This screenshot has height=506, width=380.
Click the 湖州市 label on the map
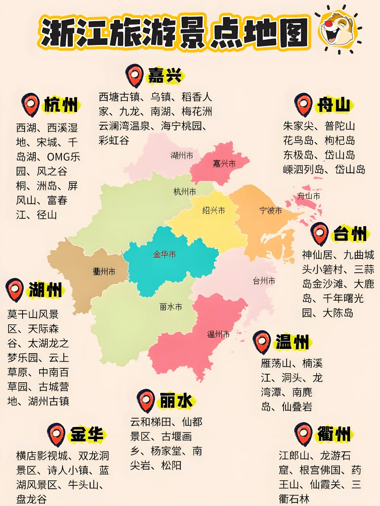(x=182, y=155)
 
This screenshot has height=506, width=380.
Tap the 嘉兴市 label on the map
(x=224, y=163)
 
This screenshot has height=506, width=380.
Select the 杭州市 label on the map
(x=185, y=192)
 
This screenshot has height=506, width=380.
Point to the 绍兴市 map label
(x=214, y=210)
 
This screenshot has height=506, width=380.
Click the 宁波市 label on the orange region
(x=271, y=210)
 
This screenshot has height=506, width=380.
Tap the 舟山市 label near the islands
(x=309, y=196)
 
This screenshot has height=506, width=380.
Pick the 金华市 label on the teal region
(x=164, y=254)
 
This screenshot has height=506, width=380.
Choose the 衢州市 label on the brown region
(x=104, y=271)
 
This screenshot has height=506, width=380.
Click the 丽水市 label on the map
(x=171, y=307)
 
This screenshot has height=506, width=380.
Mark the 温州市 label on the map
(x=218, y=334)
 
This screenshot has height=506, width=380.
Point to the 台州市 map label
(x=264, y=281)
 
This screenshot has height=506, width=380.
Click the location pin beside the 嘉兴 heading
(x=134, y=75)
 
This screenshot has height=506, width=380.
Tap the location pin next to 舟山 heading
(x=303, y=104)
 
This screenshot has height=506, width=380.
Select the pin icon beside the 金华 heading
(x=56, y=435)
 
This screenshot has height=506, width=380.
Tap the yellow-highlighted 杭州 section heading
(x=61, y=105)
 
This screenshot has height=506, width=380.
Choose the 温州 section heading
(x=292, y=342)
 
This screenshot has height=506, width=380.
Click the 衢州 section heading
(x=334, y=434)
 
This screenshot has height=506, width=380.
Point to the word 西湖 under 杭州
(x=26, y=128)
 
